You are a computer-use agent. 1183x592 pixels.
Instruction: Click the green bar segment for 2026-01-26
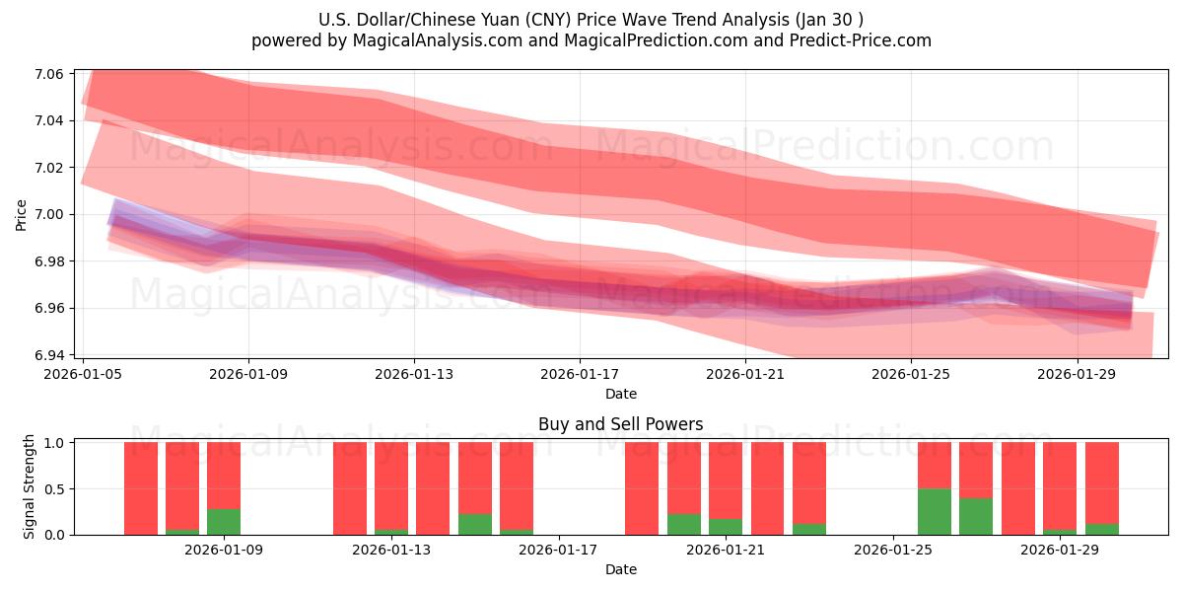(x=934, y=511)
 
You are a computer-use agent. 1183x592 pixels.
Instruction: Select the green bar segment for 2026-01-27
(x=976, y=516)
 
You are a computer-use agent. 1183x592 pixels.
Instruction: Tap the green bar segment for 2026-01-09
(x=224, y=521)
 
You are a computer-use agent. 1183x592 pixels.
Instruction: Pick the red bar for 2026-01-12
(x=349, y=488)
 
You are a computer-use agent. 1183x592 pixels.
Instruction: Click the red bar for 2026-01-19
(x=642, y=488)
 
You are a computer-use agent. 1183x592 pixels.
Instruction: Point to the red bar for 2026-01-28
(x=1017, y=488)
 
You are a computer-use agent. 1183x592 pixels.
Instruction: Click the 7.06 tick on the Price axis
(x=49, y=74)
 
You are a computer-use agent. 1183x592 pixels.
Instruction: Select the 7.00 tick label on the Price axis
(x=49, y=214)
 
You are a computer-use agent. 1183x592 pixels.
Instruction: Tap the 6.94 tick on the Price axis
(x=49, y=355)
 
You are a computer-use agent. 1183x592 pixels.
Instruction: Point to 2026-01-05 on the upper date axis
(x=83, y=375)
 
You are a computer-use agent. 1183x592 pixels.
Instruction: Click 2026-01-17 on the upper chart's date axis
(x=579, y=375)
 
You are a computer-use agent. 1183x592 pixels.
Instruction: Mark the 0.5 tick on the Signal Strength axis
(x=54, y=488)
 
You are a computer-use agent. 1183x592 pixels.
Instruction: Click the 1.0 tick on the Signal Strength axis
(x=54, y=443)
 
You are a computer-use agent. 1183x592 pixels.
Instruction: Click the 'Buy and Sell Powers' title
(x=620, y=424)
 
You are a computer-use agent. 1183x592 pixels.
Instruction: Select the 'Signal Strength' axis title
(x=30, y=486)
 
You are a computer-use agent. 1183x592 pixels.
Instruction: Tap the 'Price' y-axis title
(x=22, y=214)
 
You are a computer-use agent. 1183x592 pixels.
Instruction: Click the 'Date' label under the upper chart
(x=620, y=394)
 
